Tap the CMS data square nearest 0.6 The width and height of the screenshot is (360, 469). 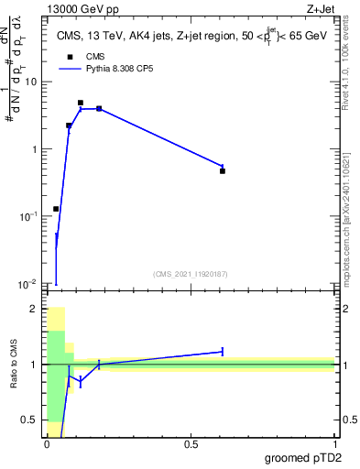(223, 170)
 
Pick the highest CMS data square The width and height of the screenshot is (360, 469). (81, 103)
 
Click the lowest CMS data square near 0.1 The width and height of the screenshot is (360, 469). (56, 209)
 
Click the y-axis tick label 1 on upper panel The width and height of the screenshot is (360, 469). (35, 149)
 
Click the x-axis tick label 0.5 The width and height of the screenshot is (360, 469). (191, 444)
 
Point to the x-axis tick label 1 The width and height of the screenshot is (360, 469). (334, 444)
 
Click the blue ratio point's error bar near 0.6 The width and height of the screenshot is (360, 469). (223, 351)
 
